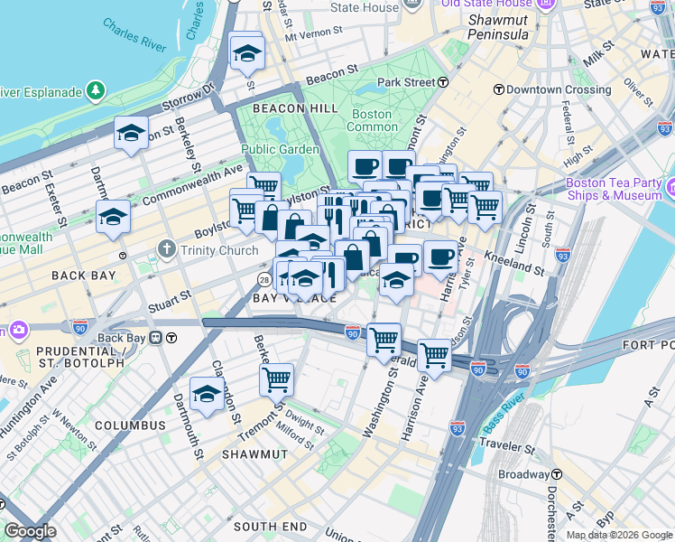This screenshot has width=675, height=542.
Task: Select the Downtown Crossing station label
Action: (546, 89)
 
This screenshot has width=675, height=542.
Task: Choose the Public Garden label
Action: (280, 149)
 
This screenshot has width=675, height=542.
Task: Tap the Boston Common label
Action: (371, 120)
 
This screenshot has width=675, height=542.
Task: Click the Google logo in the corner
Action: (30, 531)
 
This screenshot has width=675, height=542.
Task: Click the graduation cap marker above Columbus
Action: (207, 395)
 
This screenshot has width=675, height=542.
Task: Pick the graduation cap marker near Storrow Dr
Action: (131, 134)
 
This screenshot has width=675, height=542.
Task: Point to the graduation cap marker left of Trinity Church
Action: (114, 218)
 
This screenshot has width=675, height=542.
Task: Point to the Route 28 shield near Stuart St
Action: (264, 279)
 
